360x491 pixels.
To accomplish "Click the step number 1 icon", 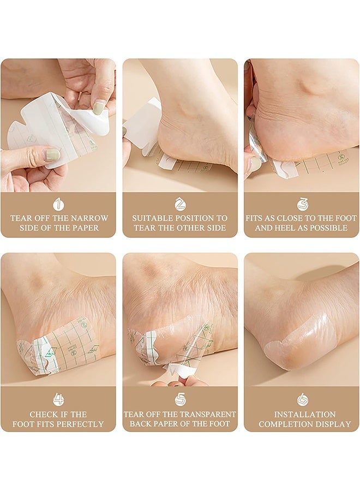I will coord(58,204).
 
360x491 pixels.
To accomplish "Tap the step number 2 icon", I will coord(180,204).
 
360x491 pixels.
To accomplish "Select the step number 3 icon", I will coord(302,204).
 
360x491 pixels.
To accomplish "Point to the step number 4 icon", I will coord(58,400).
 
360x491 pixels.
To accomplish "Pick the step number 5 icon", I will coord(180,400).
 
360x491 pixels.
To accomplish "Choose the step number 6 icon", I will coord(302,400).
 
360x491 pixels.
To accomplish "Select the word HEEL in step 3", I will coord(287,227).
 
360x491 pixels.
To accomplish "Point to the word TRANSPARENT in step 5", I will coord(203,414).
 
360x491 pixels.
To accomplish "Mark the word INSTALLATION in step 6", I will coord(304,414).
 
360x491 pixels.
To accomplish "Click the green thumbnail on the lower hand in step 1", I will coord(52,154).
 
